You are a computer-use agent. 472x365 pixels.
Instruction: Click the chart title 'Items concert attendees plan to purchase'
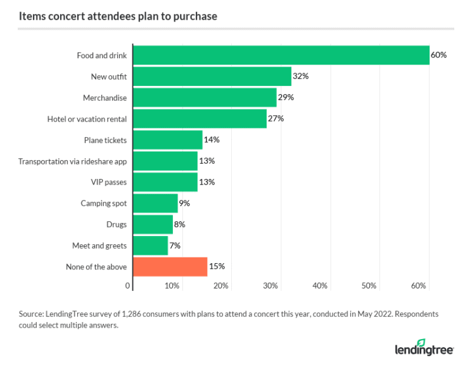click(118, 16)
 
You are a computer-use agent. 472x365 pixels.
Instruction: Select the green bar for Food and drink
click(281, 55)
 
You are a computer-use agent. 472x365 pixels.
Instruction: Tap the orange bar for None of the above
click(170, 266)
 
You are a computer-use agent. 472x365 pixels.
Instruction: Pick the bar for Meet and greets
click(151, 245)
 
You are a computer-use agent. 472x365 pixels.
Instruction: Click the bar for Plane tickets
click(168, 140)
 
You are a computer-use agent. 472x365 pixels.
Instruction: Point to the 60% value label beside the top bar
click(438, 55)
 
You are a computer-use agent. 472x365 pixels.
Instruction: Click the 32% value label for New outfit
click(300, 77)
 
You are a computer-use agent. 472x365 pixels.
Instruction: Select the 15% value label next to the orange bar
click(216, 266)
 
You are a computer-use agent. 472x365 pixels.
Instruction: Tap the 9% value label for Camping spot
click(184, 203)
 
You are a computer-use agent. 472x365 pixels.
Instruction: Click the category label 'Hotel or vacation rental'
click(87, 119)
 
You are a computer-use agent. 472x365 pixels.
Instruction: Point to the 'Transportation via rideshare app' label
click(72, 161)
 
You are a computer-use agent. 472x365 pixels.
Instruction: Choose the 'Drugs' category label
click(117, 225)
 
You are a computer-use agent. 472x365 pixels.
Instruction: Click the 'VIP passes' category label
click(108, 182)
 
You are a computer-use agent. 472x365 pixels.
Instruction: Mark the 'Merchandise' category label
click(105, 98)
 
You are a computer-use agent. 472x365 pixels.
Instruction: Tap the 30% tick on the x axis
click(271, 286)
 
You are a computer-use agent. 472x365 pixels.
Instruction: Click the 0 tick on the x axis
click(128, 286)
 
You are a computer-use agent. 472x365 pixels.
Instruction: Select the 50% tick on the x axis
click(369, 286)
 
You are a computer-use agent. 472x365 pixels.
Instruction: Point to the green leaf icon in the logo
click(420, 342)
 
